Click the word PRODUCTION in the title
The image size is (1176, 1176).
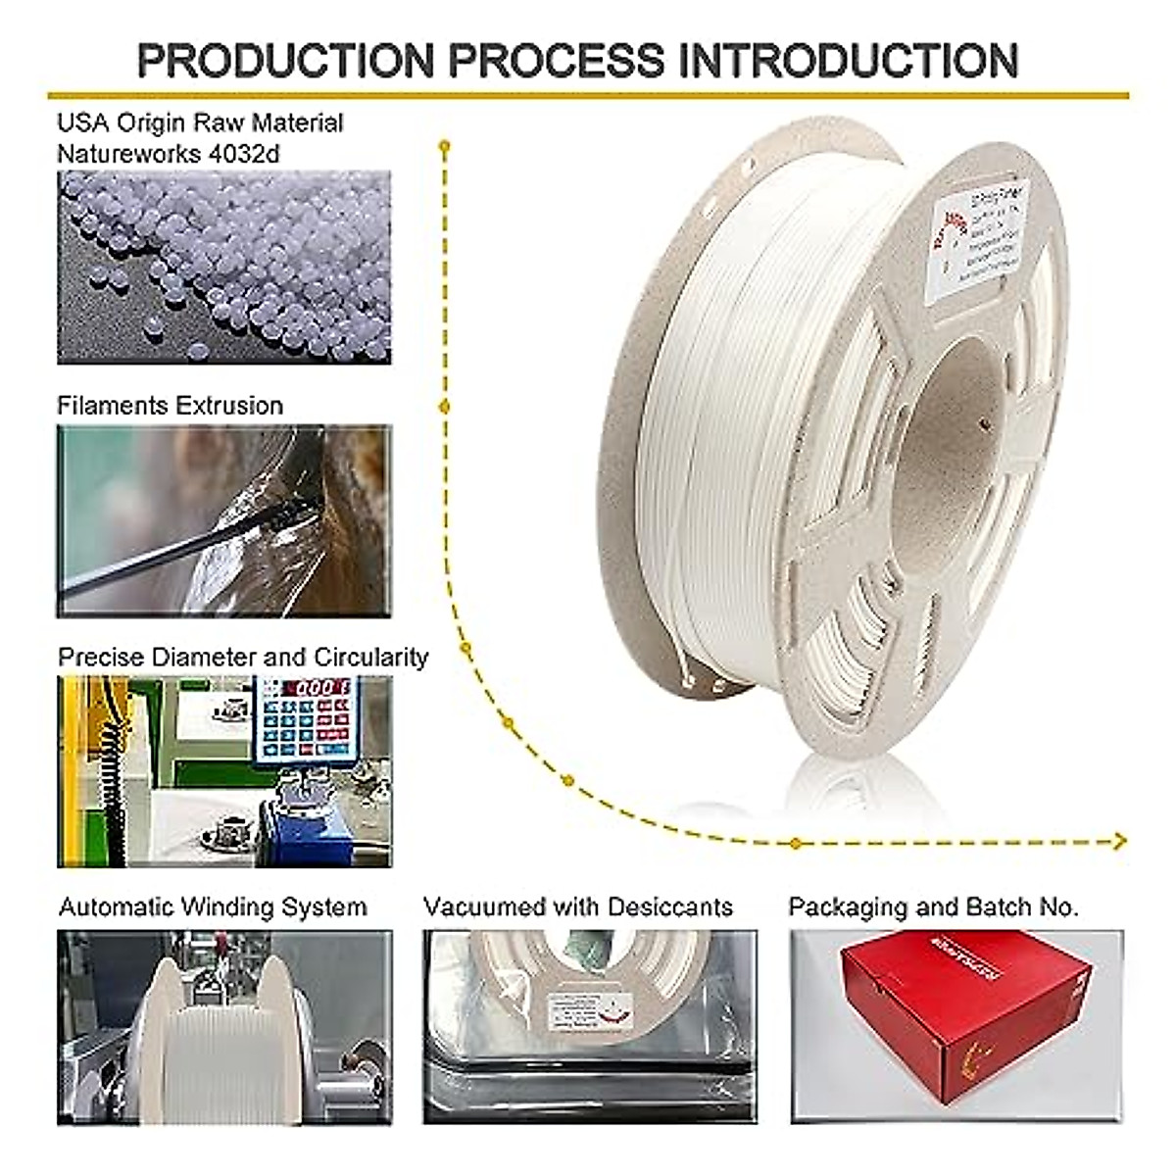tap(285, 60)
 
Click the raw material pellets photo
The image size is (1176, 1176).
tap(223, 268)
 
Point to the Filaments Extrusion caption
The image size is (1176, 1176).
tap(170, 406)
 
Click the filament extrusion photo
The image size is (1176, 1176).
tap(223, 520)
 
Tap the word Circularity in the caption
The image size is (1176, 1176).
tap(370, 657)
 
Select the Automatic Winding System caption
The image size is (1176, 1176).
tap(213, 907)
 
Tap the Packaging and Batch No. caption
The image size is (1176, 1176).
tap(933, 907)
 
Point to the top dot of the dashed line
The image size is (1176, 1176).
tap(444, 146)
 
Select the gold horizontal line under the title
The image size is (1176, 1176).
tap(588, 96)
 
